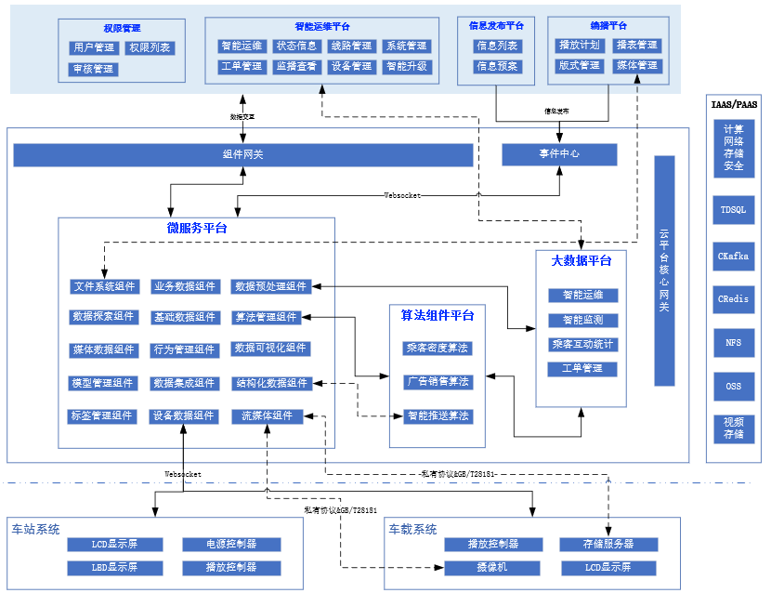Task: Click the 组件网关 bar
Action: tap(242, 154)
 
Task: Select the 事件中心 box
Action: tap(559, 154)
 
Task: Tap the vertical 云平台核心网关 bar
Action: tap(663, 270)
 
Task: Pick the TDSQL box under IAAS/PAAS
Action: tap(733, 210)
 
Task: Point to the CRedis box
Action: tap(733, 299)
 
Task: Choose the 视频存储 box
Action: tap(733, 428)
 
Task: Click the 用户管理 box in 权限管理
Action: tap(94, 47)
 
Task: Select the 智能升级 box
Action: tap(406, 67)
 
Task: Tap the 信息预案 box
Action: tap(498, 67)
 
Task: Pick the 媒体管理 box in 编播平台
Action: tap(636, 66)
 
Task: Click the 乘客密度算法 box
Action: tap(437, 349)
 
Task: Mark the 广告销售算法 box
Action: tap(437, 382)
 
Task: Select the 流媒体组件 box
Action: tap(267, 416)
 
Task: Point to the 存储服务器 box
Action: tap(608, 545)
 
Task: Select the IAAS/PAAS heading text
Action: tap(734, 105)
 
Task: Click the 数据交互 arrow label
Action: tap(242, 117)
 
